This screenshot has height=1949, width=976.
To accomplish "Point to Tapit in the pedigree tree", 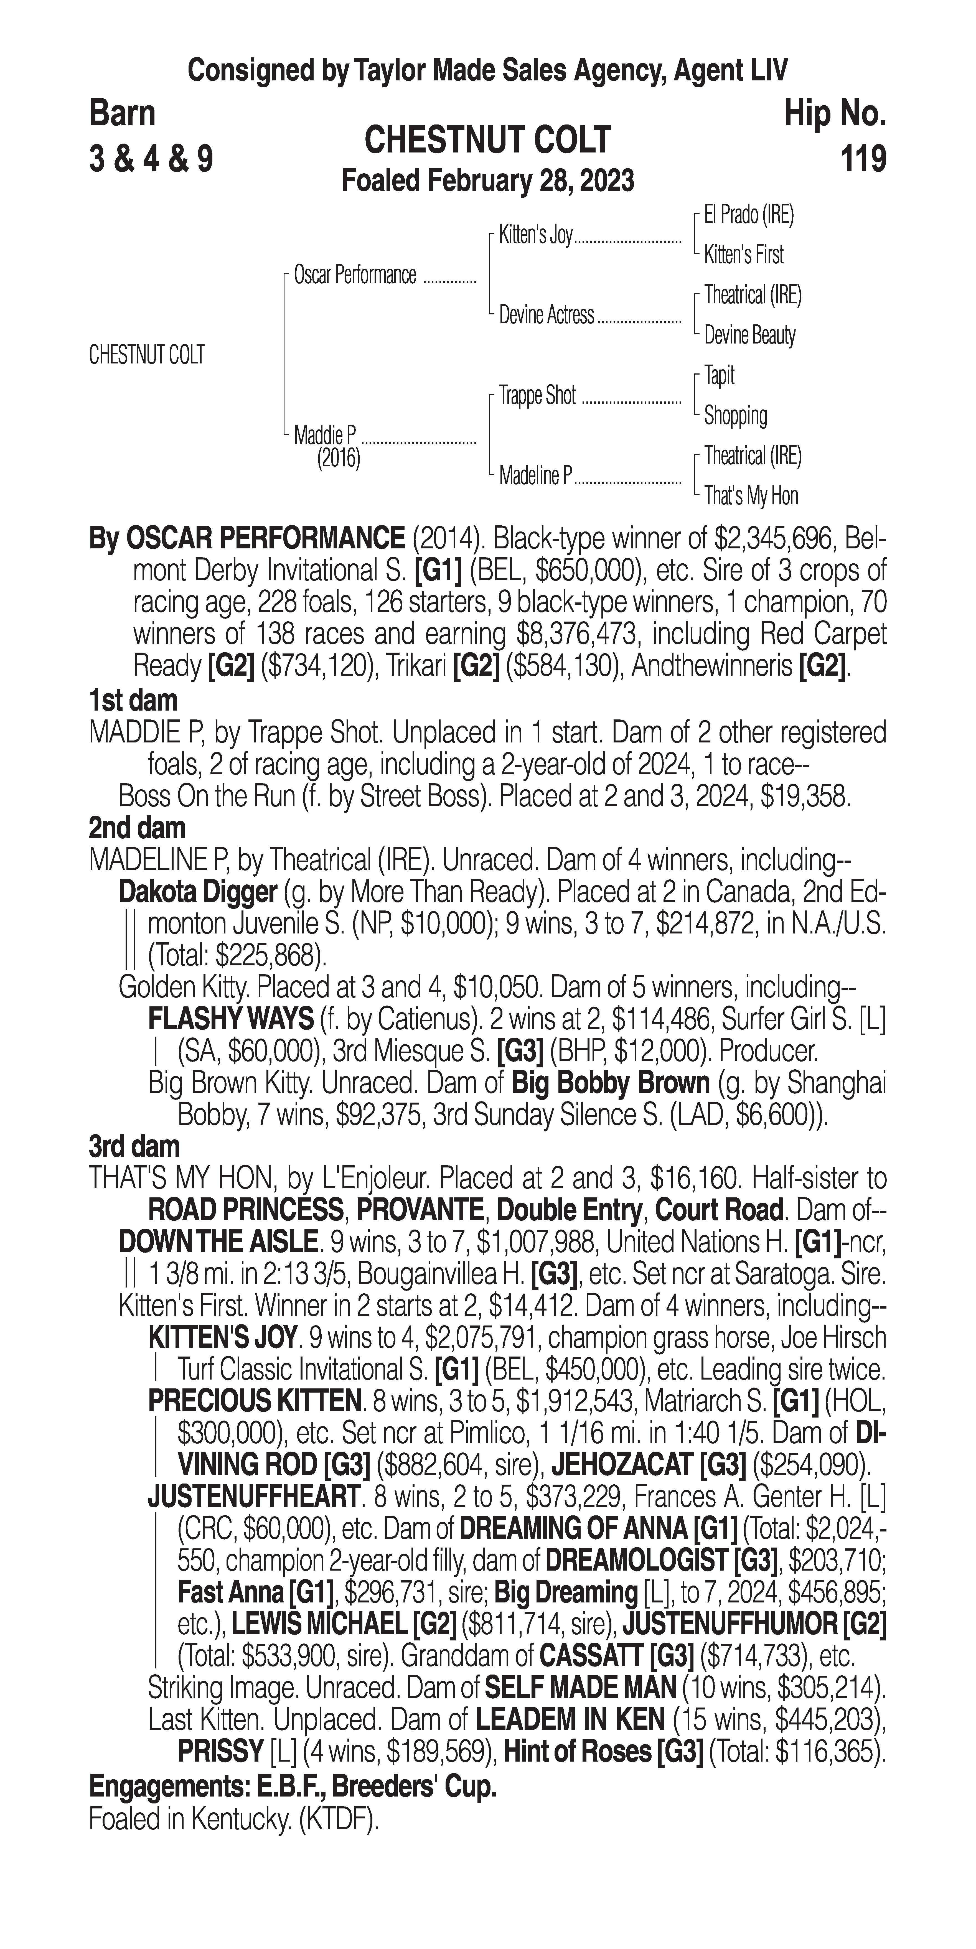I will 719,375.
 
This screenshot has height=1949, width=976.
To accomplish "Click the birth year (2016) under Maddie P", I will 338,459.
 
